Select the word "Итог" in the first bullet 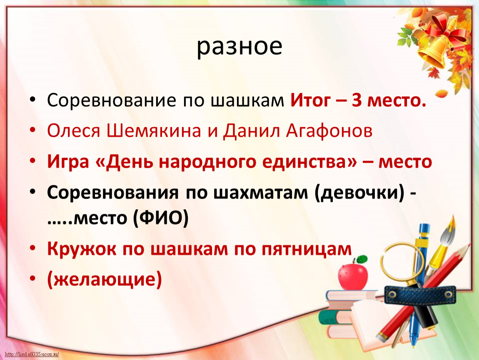310,100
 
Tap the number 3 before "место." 357,100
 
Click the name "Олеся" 74,131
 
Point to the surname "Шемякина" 154,131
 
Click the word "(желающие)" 105,280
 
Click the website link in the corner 32,354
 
